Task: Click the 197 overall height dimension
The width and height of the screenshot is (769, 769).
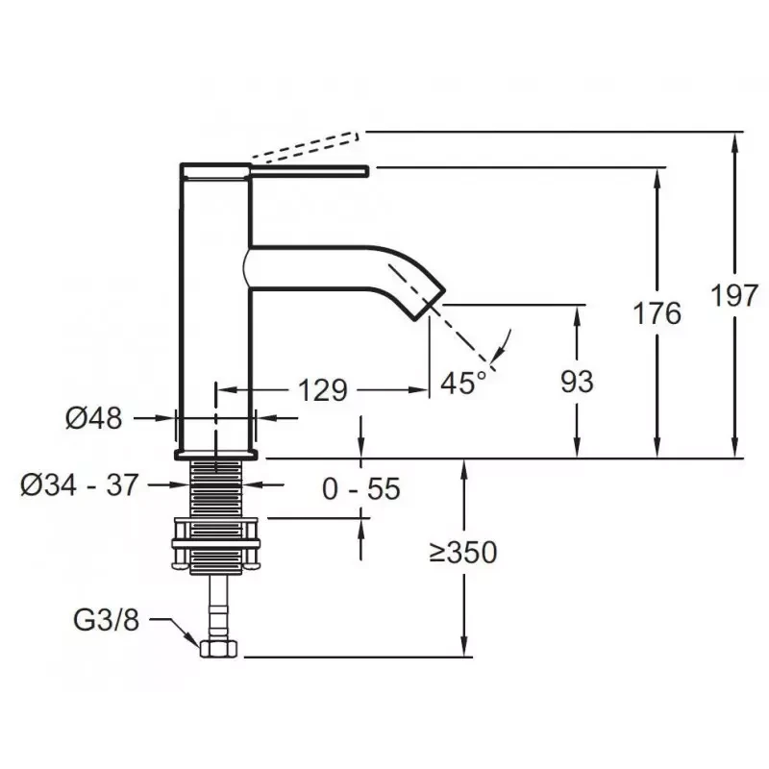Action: coord(734,296)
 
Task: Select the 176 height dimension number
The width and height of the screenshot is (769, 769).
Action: coord(657,313)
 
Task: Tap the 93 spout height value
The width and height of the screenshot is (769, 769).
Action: coord(577,382)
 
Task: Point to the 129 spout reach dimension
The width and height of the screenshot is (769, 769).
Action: coord(323,390)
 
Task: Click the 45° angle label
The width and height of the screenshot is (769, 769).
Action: coord(463,383)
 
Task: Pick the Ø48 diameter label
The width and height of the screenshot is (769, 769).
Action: coord(93,419)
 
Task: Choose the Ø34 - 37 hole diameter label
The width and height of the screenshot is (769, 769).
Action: coord(80,485)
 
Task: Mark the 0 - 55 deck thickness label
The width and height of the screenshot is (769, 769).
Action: coord(361,489)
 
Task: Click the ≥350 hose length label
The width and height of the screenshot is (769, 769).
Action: coord(463,552)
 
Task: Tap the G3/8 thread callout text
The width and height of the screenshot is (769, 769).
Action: coord(107,620)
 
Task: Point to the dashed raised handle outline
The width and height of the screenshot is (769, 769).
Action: coord(307,146)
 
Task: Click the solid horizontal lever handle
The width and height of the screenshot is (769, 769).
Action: coord(310,170)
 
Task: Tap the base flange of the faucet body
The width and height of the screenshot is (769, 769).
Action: coord(215,455)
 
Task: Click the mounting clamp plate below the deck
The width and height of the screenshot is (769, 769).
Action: coord(215,543)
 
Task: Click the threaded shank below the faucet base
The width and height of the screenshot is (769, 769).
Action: coord(215,487)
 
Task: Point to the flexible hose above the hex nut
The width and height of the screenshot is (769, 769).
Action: coord(218,608)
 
